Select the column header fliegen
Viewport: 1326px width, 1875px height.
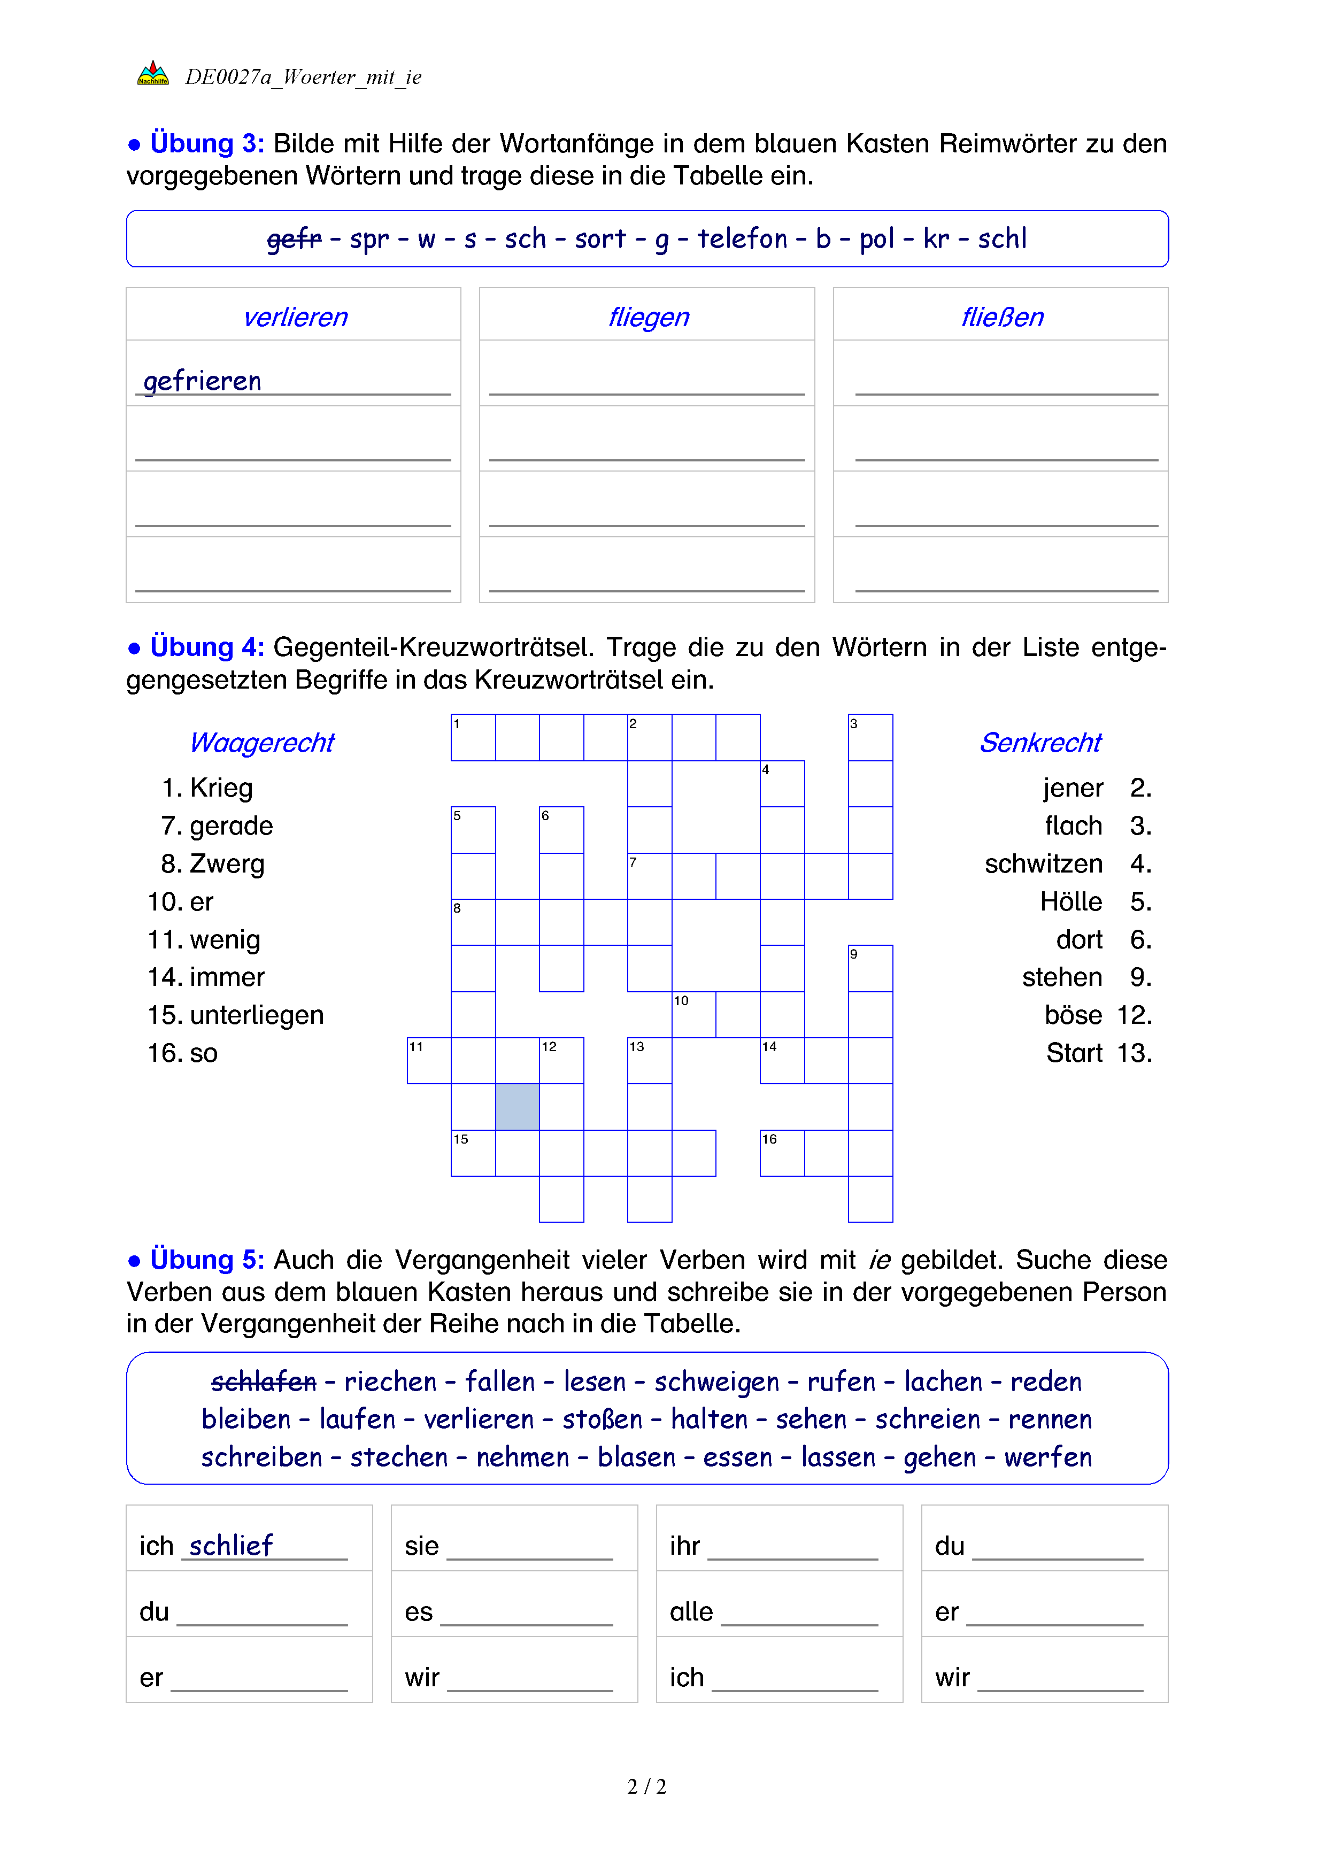click(x=649, y=317)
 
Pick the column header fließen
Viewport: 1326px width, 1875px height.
click(x=1002, y=317)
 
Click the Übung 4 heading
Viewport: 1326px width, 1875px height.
click(x=206, y=647)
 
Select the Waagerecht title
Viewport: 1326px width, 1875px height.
click(x=262, y=742)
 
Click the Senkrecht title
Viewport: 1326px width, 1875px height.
click(x=1040, y=742)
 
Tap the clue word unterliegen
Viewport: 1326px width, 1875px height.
click(x=257, y=1015)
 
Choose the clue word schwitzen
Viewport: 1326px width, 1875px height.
click(x=1044, y=864)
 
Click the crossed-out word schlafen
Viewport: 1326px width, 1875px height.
click(x=263, y=1382)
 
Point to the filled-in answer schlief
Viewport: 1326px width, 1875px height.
click(x=231, y=1545)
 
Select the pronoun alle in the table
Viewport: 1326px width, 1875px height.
click(x=691, y=1612)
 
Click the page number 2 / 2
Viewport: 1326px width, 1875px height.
click(x=646, y=1787)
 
